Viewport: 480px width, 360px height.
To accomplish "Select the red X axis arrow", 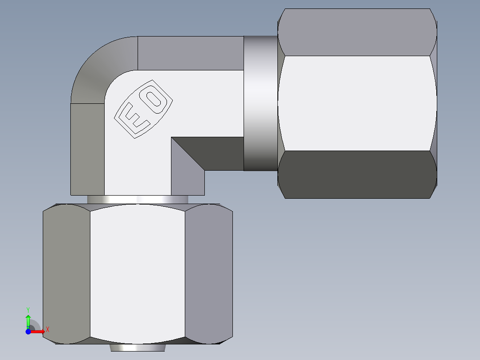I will tap(37, 331).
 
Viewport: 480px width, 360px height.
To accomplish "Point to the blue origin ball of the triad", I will tap(28, 331).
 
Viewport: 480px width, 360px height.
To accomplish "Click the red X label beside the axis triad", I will tap(48, 330).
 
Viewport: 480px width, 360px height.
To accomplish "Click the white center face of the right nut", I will tap(356, 103).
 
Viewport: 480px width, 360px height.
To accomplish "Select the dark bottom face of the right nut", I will tap(356, 175).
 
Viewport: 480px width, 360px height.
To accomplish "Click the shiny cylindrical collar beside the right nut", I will tap(260, 103).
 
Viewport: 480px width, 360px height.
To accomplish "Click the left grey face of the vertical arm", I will tap(87, 149).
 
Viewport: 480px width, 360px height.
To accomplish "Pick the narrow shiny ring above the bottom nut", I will tap(137, 200).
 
